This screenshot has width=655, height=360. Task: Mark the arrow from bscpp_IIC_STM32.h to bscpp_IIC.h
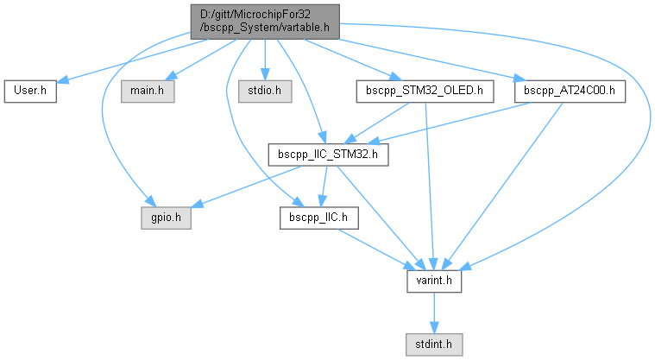(x=324, y=186)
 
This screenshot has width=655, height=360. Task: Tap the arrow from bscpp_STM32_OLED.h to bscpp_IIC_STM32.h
(x=380, y=120)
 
